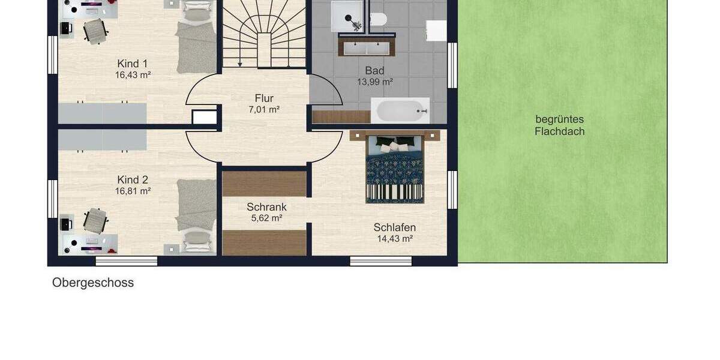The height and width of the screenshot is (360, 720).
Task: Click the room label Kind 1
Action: [132, 64]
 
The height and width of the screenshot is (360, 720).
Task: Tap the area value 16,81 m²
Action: [133, 191]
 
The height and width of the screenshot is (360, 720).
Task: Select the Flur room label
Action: [264, 98]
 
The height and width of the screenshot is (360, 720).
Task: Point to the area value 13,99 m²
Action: [374, 82]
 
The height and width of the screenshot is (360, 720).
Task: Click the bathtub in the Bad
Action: [400, 110]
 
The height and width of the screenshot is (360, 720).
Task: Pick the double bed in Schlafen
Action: [395, 168]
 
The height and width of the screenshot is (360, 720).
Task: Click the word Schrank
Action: [266, 207]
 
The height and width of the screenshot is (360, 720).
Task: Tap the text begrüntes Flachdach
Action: [559, 125]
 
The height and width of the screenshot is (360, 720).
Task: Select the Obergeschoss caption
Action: [93, 283]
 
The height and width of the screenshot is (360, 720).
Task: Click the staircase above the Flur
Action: [264, 33]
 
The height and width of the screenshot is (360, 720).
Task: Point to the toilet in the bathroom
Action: [377, 19]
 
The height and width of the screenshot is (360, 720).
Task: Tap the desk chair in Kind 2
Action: [95, 220]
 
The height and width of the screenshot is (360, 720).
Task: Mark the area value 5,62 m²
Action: [266, 218]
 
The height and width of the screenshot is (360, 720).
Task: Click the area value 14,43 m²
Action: [394, 239]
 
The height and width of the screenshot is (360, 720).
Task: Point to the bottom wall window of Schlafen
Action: [380, 261]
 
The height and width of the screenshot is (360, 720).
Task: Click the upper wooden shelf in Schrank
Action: [265, 184]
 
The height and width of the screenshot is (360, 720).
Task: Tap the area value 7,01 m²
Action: [264, 110]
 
